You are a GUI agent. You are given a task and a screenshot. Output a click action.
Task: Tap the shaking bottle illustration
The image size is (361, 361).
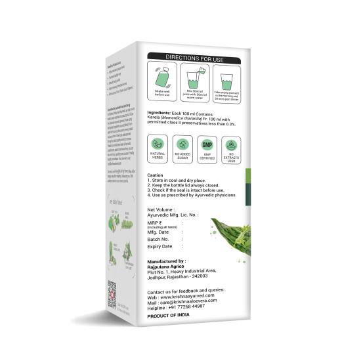[161, 81]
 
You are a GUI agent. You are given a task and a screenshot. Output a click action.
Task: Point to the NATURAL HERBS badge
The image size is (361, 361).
[158, 149]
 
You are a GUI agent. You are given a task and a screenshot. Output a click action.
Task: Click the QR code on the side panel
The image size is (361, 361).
[112, 290]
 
